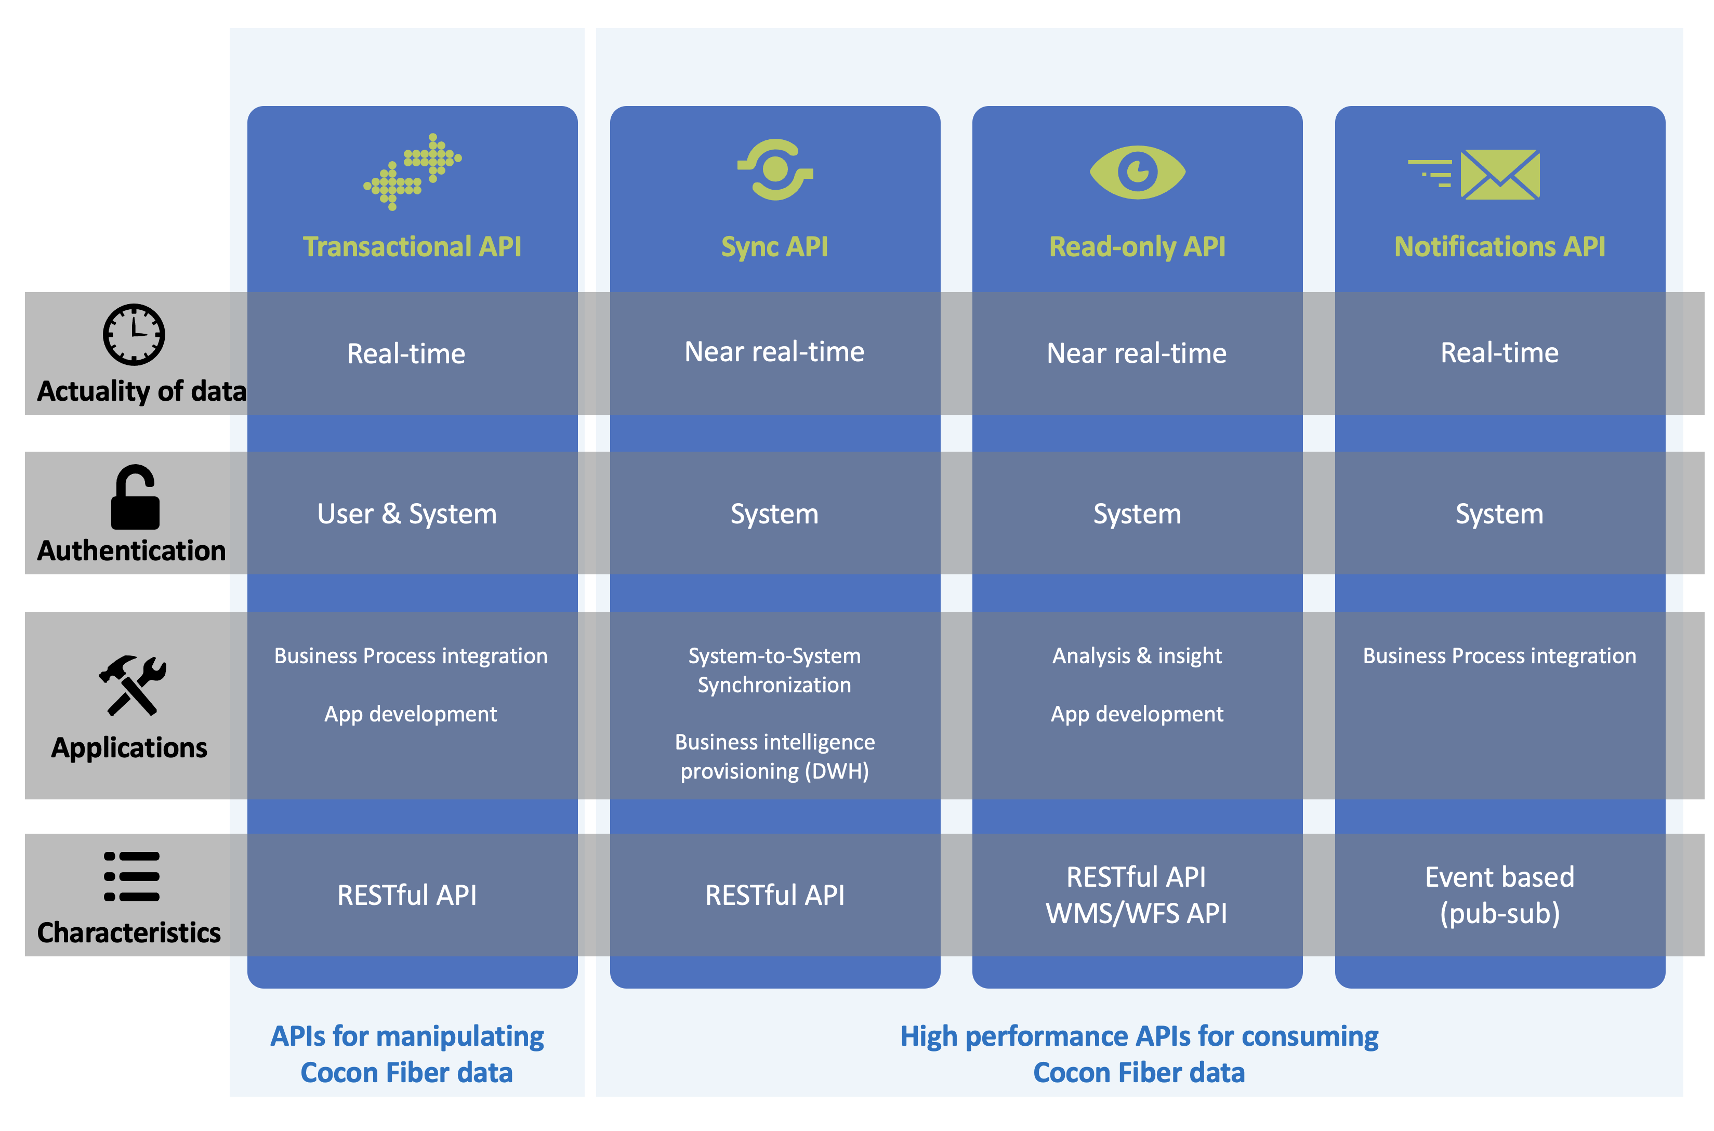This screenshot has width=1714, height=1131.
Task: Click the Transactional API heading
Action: (412, 247)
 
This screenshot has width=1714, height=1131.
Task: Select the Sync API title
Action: (774, 247)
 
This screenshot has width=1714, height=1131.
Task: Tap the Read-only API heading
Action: (1137, 247)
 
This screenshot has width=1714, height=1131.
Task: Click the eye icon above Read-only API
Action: (1137, 172)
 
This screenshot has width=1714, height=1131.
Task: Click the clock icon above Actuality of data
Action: (134, 334)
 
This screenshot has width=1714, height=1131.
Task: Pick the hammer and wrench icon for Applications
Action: (133, 685)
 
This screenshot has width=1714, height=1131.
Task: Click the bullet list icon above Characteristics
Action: (131, 876)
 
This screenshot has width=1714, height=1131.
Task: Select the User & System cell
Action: (407, 514)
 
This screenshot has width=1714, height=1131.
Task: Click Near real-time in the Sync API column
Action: (774, 352)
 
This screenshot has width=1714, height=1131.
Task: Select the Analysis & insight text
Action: (1137, 655)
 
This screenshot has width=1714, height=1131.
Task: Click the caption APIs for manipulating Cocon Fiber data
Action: (407, 1054)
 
